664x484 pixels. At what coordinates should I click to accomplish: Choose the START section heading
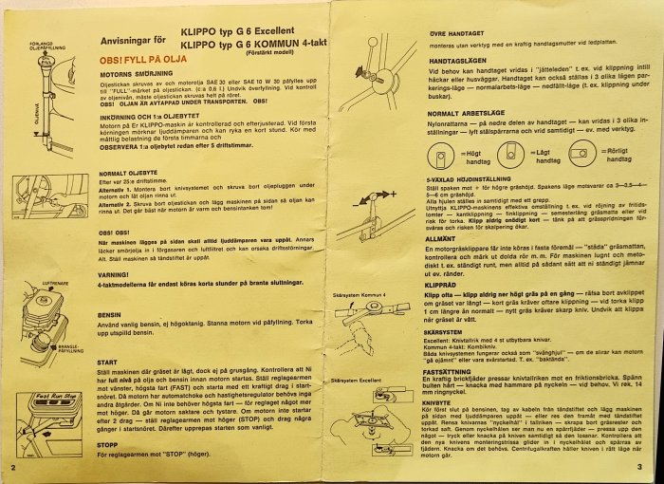point(108,362)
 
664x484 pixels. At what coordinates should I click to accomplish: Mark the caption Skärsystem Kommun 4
point(360,297)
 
